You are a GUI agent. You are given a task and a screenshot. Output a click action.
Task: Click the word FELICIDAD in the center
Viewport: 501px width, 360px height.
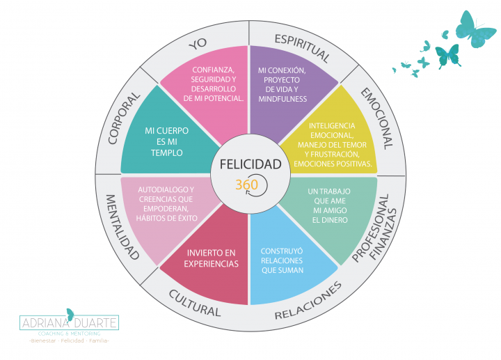click(250, 165)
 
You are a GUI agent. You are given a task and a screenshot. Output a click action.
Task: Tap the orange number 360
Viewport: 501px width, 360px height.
click(247, 185)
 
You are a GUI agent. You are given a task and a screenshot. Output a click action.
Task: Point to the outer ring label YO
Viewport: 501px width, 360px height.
click(199, 44)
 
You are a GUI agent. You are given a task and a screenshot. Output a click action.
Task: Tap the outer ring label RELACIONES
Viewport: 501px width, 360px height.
click(308, 302)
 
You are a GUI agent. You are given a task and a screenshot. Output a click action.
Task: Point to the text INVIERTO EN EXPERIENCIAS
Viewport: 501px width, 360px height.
click(211, 258)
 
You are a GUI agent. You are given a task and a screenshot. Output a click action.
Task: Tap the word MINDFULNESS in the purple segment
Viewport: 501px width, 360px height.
click(282, 99)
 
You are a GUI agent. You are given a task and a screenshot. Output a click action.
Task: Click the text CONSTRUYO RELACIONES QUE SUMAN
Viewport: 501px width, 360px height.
click(282, 260)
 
